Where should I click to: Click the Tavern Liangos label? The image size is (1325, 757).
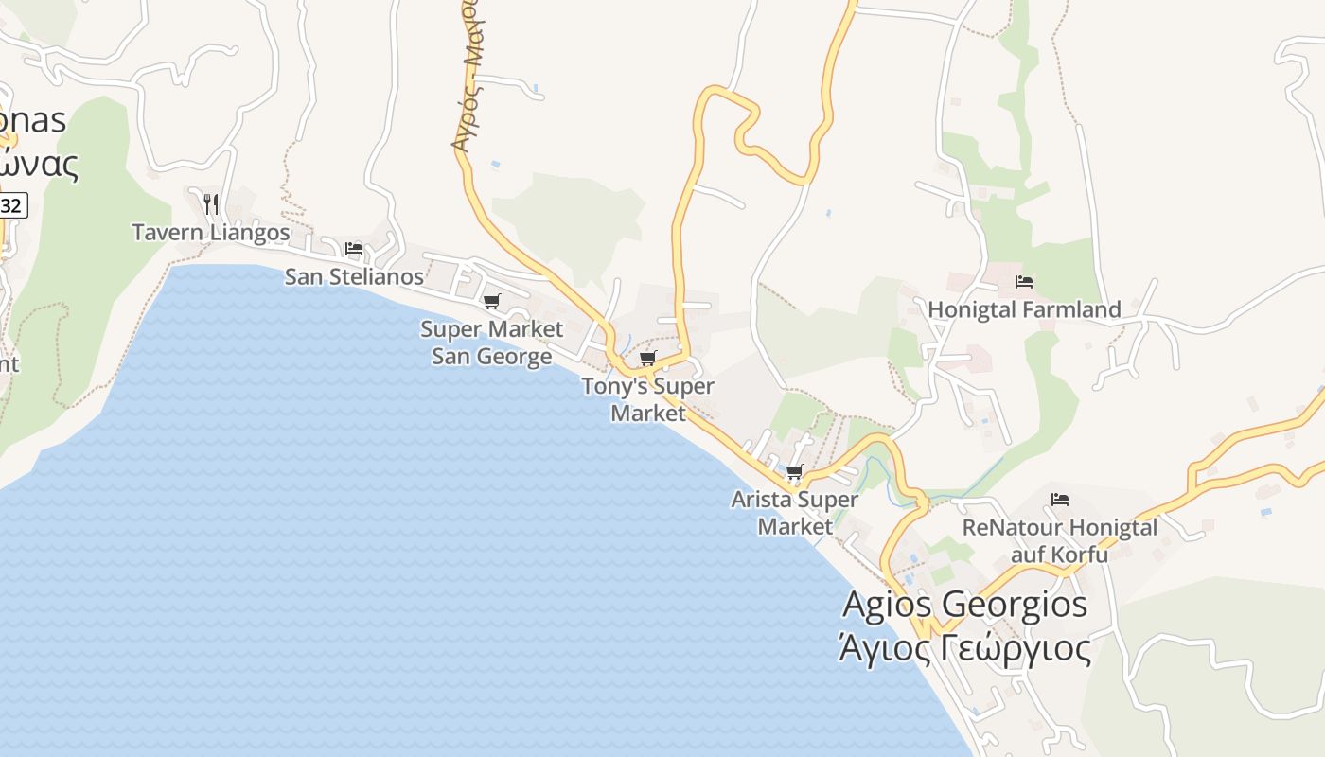click(210, 232)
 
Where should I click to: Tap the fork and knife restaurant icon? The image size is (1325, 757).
click(211, 202)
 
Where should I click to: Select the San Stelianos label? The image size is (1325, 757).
click(354, 276)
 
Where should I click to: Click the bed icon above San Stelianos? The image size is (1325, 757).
click(354, 249)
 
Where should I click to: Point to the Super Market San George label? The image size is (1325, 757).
click(491, 343)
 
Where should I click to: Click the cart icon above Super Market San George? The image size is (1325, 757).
click(491, 301)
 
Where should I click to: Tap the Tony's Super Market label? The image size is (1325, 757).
click(647, 399)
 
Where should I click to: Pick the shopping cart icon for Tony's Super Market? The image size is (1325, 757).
click(648, 358)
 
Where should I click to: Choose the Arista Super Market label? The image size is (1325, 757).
click(794, 512)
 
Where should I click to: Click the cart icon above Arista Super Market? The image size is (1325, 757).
click(795, 471)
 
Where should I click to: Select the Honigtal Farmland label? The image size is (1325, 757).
click(1024, 309)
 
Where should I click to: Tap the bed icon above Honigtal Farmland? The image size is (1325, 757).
click(1023, 281)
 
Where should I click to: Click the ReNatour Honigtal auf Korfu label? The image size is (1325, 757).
click(1059, 540)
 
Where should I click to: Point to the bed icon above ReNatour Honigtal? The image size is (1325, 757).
click(1060, 500)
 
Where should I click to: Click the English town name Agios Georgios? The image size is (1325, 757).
click(964, 604)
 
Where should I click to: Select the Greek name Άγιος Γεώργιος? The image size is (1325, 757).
click(964, 649)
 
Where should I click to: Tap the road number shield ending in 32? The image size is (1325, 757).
click(11, 205)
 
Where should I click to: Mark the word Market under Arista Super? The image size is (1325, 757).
click(794, 526)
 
